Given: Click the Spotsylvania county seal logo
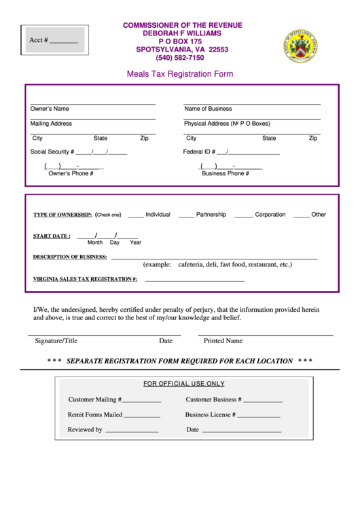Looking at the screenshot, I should click(300, 46).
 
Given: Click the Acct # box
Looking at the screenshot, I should click(54, 40).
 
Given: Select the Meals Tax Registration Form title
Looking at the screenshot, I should click(180, 74).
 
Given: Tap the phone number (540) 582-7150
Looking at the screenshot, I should click(180, 58).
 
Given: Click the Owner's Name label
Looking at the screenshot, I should click(50, 109).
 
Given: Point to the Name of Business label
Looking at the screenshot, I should click(208, 109).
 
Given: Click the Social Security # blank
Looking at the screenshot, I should click(101, 152).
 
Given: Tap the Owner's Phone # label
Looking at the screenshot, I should click(71, 174).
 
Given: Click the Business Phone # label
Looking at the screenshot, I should click(226, 174).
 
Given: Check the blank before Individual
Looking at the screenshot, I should click(135, 215).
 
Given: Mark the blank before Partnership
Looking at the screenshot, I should click(186, 215).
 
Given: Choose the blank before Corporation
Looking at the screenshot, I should click(243, 215).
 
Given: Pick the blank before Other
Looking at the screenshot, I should click(302, 215).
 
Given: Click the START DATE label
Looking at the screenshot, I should click(51, 236).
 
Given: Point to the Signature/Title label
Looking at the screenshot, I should click(56, 341).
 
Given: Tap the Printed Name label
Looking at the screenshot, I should click(223, 341).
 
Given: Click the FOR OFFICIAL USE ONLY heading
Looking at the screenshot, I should click(183, 384).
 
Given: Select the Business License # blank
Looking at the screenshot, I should click(259, 415).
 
